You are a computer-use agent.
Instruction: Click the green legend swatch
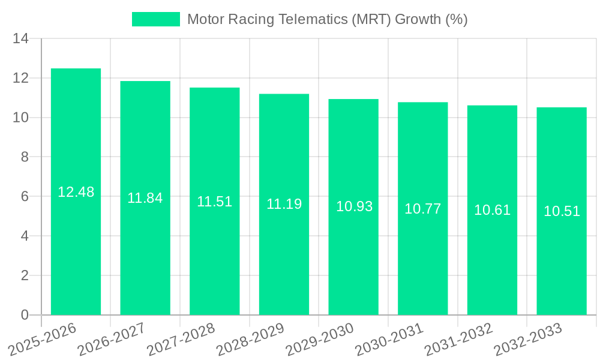coord(155,19)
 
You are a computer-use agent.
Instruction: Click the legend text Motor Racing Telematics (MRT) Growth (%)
coord(327,19)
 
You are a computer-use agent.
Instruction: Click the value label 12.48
coord(76,192)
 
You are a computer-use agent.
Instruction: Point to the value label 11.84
coord(145,198)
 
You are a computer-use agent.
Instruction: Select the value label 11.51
coord(214,202)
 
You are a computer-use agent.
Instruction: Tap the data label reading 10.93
coord(354,206)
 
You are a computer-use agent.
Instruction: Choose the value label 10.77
coord(422,209)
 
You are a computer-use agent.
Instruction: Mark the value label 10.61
coord(492,210)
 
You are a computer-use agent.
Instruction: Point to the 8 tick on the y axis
coord(25,157)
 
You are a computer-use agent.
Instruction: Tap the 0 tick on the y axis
coord(25,315)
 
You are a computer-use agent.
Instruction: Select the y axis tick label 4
coord(25,236)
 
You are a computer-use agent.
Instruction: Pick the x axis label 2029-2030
coord(319,340)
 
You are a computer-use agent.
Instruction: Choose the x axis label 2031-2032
coord(458,340)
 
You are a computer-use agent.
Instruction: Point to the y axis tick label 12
coord(21,78)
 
